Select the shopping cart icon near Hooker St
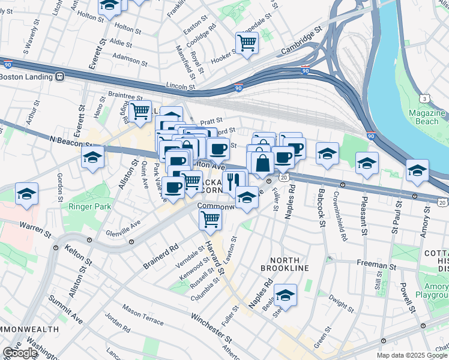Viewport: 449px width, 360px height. pyautogui.click(x=247, y=43)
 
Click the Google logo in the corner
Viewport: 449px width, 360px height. pyautogui.click(x=20, y=353)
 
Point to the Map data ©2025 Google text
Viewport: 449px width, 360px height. pyautogui.click(x=412, y=355)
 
